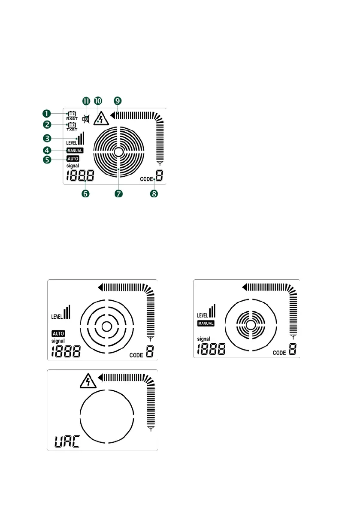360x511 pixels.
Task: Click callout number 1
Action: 47,114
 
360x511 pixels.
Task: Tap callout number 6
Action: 85,194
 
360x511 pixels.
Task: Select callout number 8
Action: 154,194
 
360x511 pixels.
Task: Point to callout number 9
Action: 118,101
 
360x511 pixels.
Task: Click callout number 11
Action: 86,101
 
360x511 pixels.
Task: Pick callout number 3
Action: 47,139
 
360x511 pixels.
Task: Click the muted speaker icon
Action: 86,119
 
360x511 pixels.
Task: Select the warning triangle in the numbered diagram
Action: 101,118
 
